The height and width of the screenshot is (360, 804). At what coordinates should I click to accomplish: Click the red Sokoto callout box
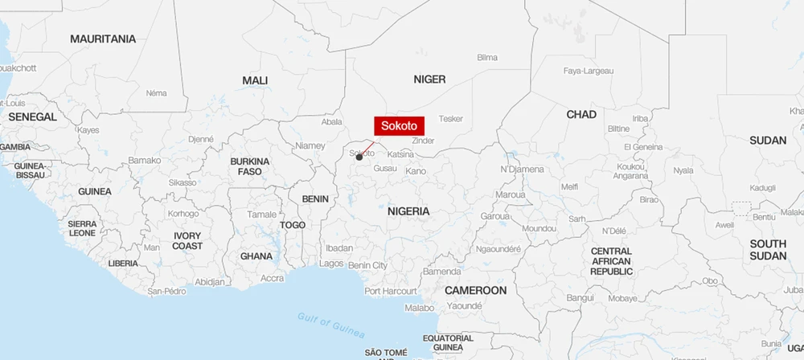coord(399,125)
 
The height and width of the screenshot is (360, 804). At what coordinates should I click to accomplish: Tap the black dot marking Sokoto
coord(359,157)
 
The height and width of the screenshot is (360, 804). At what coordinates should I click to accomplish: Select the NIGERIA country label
coord(408,211)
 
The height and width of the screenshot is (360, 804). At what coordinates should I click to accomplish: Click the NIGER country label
coord(429,79)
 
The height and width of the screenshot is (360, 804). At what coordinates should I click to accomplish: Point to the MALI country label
coord(255,80)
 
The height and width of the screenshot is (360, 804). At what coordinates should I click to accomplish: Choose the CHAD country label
coord(581,115)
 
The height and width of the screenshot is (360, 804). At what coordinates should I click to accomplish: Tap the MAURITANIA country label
coord(103,39)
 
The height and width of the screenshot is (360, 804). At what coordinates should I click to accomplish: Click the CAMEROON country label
coord(475,290)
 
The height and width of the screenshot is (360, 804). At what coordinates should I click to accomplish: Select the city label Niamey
coord(310,146)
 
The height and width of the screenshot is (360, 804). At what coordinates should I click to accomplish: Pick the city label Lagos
coord(331,264)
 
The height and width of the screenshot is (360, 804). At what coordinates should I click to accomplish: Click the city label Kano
coord(416,171)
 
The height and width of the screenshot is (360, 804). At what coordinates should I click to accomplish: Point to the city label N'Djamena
coord(522,170)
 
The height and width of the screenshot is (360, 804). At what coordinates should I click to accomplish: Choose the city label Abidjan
coord(210,281)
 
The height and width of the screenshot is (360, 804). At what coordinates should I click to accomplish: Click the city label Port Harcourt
coord(391,291)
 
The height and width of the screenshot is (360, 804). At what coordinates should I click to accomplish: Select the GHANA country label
coord(256,256)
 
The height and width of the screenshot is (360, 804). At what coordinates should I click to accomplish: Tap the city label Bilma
coord(487,58)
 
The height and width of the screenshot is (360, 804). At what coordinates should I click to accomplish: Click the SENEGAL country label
coord(32,117)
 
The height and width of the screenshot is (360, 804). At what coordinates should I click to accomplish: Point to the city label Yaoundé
coord(464,306)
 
